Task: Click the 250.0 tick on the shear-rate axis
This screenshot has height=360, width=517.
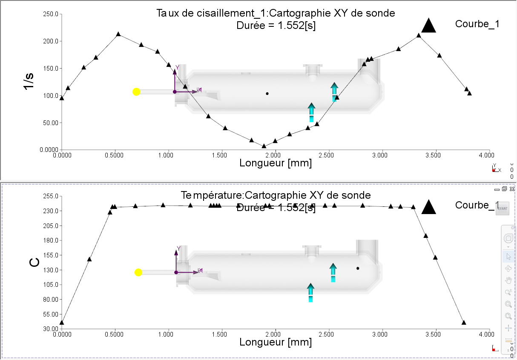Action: [x=51, y=14]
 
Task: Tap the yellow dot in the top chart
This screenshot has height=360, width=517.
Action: [x=136, y=91]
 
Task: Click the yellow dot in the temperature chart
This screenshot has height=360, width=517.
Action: [x=138, y=272]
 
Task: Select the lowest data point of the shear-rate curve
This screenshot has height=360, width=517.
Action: [x=264, y=146]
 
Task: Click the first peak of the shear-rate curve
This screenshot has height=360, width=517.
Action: [x=118, y=34]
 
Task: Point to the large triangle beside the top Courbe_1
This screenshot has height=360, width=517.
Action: [x=429, y=26]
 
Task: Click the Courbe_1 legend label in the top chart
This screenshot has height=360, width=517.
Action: [x=477, y=24]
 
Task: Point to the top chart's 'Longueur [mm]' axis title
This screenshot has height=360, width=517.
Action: [x=276, y=163]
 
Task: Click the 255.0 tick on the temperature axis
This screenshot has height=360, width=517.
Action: [x=51, y=196]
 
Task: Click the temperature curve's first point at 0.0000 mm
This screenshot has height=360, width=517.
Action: [x=62, y=323]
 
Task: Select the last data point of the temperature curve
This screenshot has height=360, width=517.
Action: [x=464, y=323]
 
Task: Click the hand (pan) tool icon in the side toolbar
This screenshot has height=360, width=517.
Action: [x=508, y=280]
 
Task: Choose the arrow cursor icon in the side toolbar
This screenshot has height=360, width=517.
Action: [x=508, y=257]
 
